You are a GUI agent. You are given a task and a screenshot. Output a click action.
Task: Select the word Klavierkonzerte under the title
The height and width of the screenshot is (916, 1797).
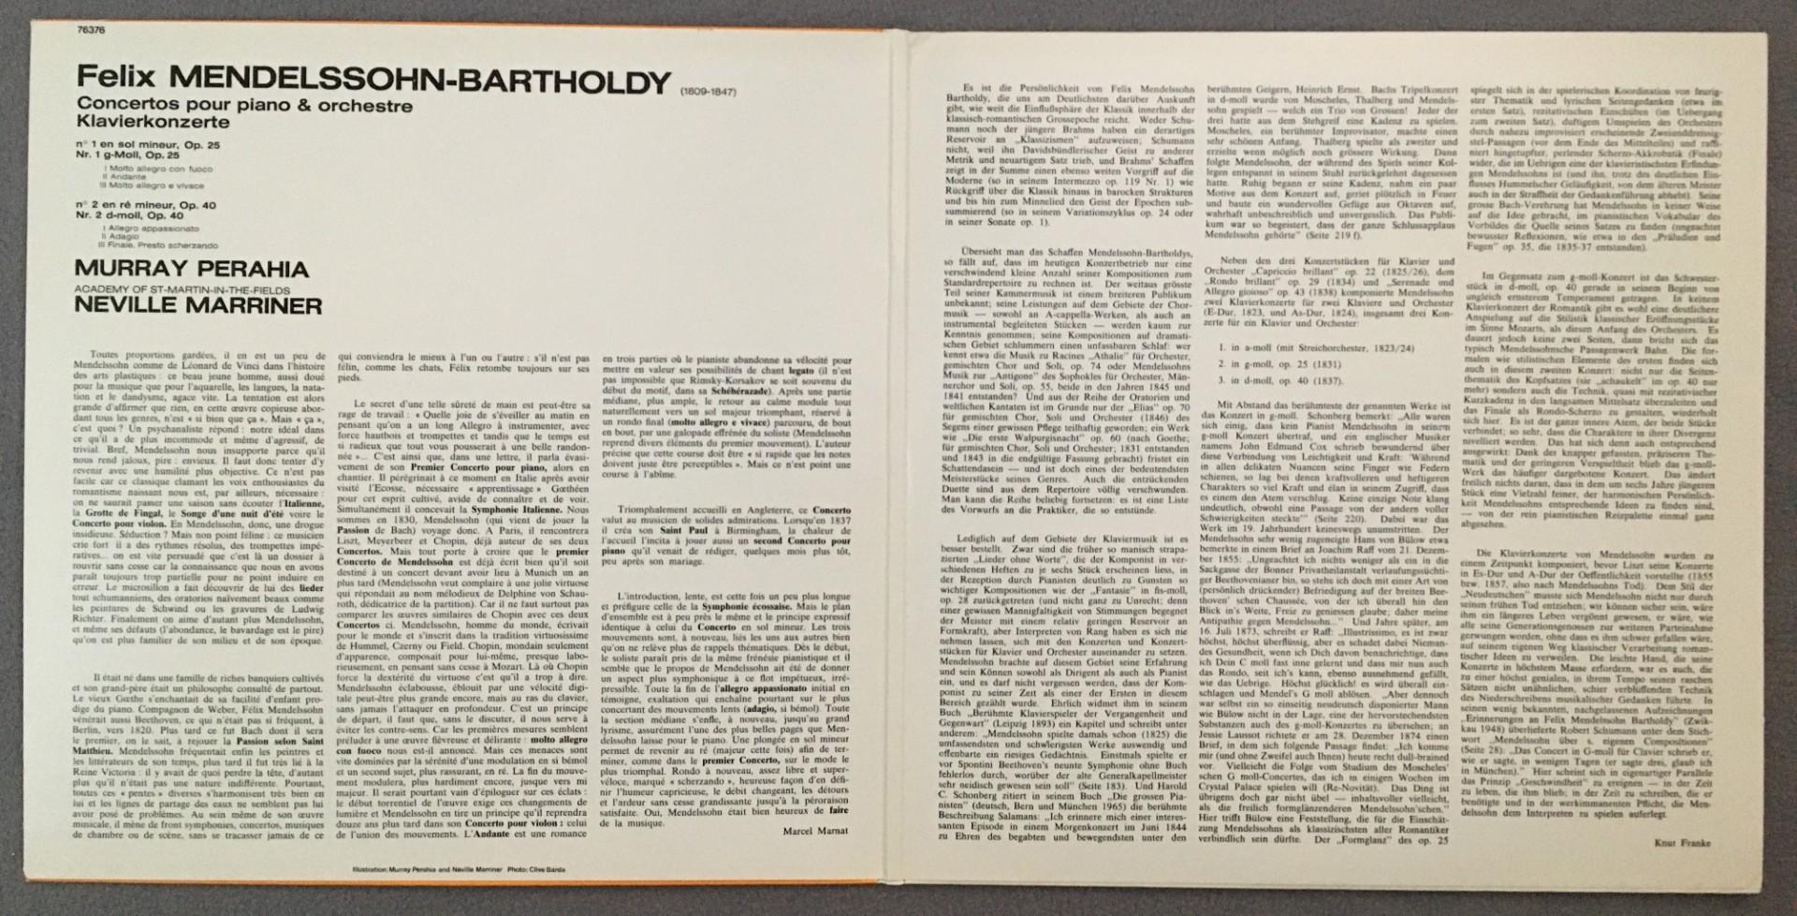click(153, 123)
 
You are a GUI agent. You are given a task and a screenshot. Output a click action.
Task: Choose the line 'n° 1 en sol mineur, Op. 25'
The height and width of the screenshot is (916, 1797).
click(150, 146)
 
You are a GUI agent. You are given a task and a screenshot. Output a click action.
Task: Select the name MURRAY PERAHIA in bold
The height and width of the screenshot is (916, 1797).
click(192, 270)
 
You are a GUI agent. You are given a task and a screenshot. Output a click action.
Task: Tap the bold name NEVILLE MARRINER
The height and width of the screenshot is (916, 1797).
click(199, 305)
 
